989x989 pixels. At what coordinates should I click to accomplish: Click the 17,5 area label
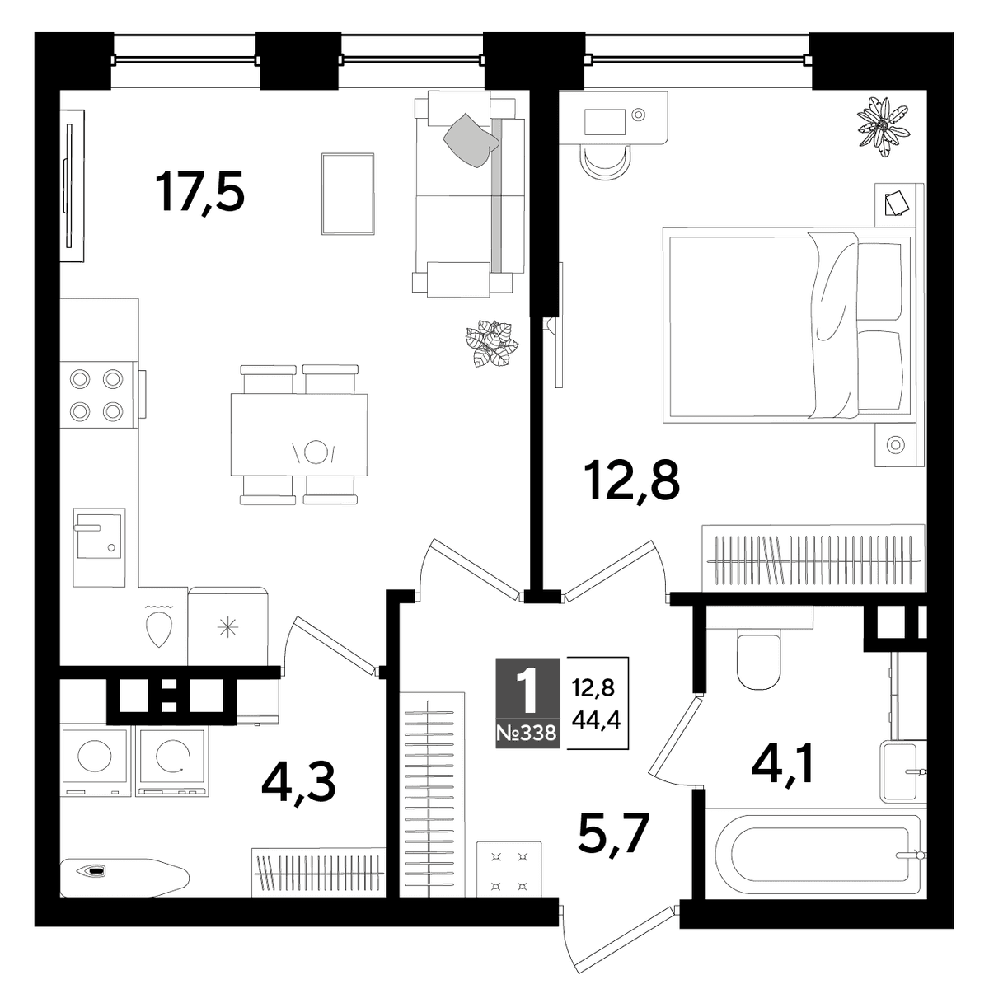click(199, 192)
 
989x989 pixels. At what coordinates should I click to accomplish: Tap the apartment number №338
click(527, 733)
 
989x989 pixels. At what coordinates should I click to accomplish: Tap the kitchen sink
click(99, 547)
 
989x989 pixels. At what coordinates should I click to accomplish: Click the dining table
click(299, 434)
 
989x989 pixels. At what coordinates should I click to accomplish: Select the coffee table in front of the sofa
click(348, 194)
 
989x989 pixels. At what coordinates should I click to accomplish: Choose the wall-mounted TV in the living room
click(72, 185)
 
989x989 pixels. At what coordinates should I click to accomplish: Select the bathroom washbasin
click(903, 771)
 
